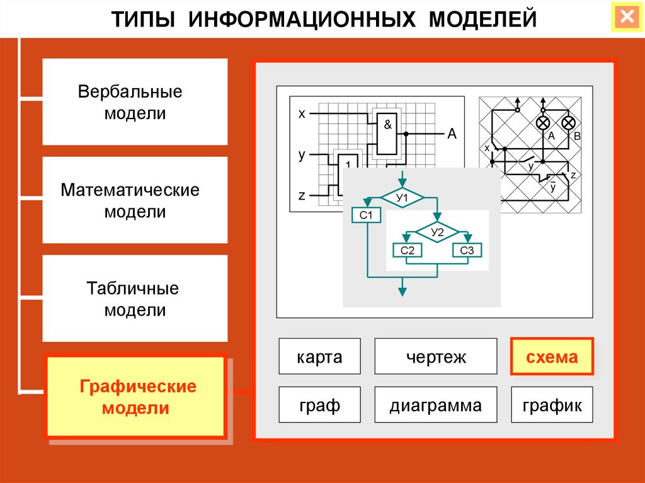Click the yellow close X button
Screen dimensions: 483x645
point(627,17)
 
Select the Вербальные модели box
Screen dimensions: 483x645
point(135,102)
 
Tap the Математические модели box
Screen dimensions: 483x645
point(135,200)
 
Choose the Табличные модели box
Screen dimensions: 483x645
point(135,299)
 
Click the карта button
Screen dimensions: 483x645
point(320,357)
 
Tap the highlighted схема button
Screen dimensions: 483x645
point(552,357)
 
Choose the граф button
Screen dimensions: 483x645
point(320,405)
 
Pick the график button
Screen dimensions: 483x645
point(552,405)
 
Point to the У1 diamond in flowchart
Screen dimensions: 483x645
point(402,199)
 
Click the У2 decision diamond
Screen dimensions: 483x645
point(437,233)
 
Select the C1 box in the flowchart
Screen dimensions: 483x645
point(367,216)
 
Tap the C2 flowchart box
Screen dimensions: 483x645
point(408,251)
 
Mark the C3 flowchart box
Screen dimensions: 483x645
point(467,251)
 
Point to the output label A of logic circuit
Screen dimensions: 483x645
point(452,134)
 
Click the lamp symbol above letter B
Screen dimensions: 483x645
point(568,123)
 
